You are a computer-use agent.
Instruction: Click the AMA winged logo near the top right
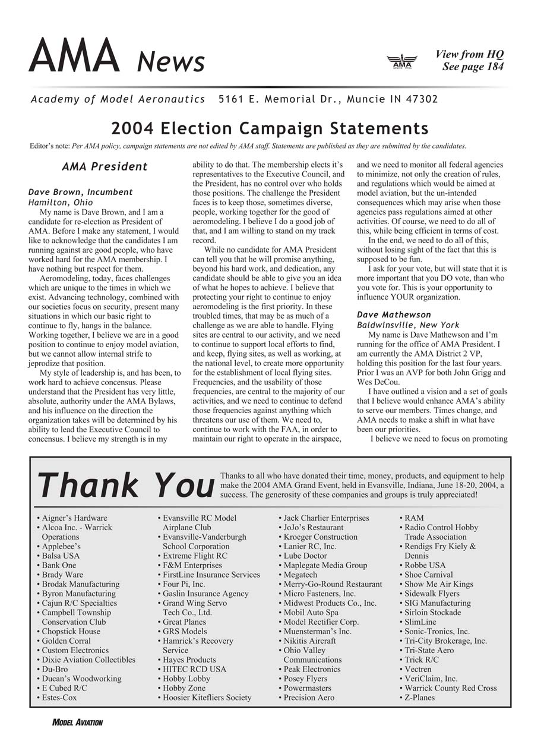coord(402,62)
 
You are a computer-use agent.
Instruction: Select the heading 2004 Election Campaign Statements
coord(270,128)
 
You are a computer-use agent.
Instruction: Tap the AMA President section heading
coord(105,167)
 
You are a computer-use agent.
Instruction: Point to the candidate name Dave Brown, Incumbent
coord(81,192)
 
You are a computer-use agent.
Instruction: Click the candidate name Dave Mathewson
coord(394,314)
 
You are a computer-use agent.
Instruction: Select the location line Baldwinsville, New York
coord(408,325)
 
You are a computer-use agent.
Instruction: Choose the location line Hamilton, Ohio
coord(61,202)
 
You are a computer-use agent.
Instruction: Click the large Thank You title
coord(125,486)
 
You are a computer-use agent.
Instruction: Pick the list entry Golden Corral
coord(66,641)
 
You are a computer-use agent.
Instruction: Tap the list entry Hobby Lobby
coord(186,678)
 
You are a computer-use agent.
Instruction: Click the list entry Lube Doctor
coord(305,556)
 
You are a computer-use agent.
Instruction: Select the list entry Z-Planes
coord(419,697)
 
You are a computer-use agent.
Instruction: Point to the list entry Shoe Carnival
coord(428,575)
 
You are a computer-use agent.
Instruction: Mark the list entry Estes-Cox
coord(59,697)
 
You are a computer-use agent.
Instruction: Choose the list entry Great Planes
coord(185,622)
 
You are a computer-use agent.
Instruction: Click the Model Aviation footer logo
coord(77,722)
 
